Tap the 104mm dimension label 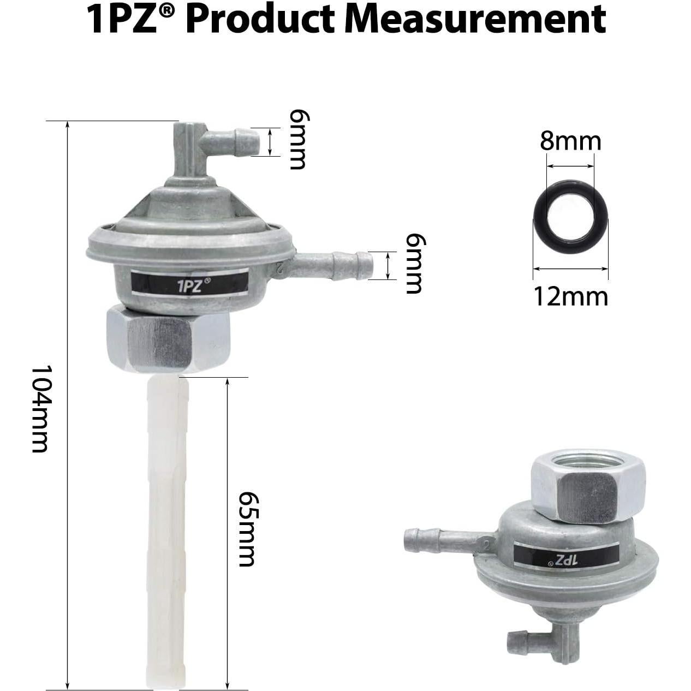point(40,409)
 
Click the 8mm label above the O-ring point(570,142)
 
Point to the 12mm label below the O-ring point(570,297)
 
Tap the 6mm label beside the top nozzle point(297,140)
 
